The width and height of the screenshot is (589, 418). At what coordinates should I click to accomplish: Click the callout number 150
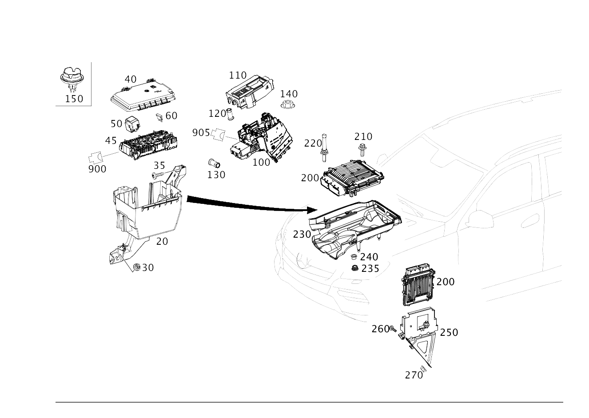click(74, 99)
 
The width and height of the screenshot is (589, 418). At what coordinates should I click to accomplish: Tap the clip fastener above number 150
click(72, 78)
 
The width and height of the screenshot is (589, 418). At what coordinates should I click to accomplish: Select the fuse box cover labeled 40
click(143, 96)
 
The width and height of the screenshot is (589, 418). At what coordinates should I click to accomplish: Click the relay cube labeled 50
click(132, 124)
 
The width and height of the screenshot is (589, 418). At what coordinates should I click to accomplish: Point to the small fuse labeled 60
click(159, 117)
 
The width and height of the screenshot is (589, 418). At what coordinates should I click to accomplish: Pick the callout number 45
click(111, 141)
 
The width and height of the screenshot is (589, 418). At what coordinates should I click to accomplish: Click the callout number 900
click(97, 169)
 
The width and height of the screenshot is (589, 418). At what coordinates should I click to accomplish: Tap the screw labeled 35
click(158, 174)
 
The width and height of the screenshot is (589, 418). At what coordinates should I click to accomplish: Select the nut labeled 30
click(136, 267)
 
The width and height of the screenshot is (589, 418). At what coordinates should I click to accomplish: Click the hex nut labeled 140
click(288, 105)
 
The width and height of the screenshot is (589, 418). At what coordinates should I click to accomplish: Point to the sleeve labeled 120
click(230, 114)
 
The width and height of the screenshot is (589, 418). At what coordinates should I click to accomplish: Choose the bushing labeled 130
click(214, 163)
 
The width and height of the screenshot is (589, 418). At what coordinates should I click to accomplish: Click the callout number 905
click(201, 133)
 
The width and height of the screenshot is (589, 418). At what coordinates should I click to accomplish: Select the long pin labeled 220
click(324, 148)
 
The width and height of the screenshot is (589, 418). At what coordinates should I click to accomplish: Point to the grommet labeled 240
click(354, 257)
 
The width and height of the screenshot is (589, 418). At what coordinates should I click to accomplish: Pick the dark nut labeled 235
click(355, 268)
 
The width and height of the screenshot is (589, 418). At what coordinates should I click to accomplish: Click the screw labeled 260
click(393, 329)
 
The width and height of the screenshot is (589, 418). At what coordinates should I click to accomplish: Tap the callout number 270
click(414, 375)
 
